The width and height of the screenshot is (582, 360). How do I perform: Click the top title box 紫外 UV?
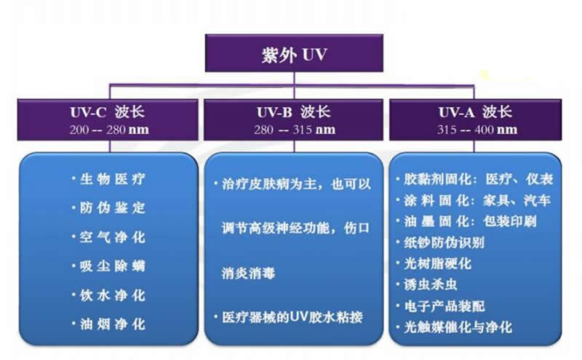pos(294,53)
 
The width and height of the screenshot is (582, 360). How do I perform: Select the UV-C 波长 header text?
pos(107,112)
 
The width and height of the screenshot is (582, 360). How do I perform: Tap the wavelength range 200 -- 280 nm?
pos(109,130)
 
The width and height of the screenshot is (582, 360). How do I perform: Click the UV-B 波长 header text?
pos(294,112)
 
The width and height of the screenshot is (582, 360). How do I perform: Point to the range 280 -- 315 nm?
pos(295,130)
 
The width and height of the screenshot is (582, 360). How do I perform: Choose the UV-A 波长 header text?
pos(475,112)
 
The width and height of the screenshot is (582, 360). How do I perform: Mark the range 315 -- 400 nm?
pos(477,130)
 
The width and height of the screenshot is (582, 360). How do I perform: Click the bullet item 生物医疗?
pos(112,179)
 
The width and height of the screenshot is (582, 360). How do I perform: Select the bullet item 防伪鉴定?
pos(112,208)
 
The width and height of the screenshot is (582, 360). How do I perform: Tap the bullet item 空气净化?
pos(112,237)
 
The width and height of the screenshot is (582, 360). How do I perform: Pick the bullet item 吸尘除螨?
pos(112,266)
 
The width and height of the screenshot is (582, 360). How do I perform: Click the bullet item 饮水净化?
pos(112,295)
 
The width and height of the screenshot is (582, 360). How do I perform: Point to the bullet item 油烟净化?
pos(112,324)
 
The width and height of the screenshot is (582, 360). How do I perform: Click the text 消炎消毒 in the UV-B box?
pos(248,273)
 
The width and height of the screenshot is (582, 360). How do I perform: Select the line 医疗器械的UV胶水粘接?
pos(292,317)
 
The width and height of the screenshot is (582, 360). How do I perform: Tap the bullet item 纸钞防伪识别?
pos(444,243)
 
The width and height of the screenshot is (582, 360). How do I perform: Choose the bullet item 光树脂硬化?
pos(437,264)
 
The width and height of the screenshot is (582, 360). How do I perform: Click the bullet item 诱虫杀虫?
pos(431,285)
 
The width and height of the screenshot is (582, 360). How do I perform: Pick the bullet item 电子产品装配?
pos(444,307)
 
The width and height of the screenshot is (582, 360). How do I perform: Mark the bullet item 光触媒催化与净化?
pos(458,327)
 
